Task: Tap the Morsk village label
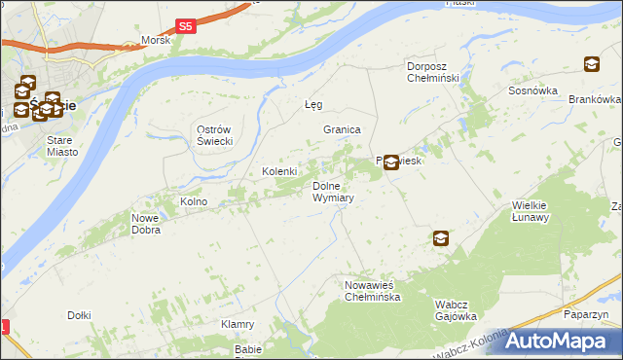[x=155, y=40]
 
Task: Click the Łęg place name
[x=312, y=104]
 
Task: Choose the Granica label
[x=343, y=129]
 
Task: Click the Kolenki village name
[x=279, y=172]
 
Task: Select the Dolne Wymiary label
[x=332, y=192]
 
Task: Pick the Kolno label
[x=194, y=201]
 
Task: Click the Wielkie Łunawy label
[x=531, y=211]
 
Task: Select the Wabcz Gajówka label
[x=456, y=310]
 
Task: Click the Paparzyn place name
[x=586, y=314]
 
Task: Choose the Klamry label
[x=238, y=324]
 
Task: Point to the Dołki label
[x=79, y=315]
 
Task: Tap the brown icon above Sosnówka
[x=591, y=65]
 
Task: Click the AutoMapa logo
[x=554, y=341]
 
